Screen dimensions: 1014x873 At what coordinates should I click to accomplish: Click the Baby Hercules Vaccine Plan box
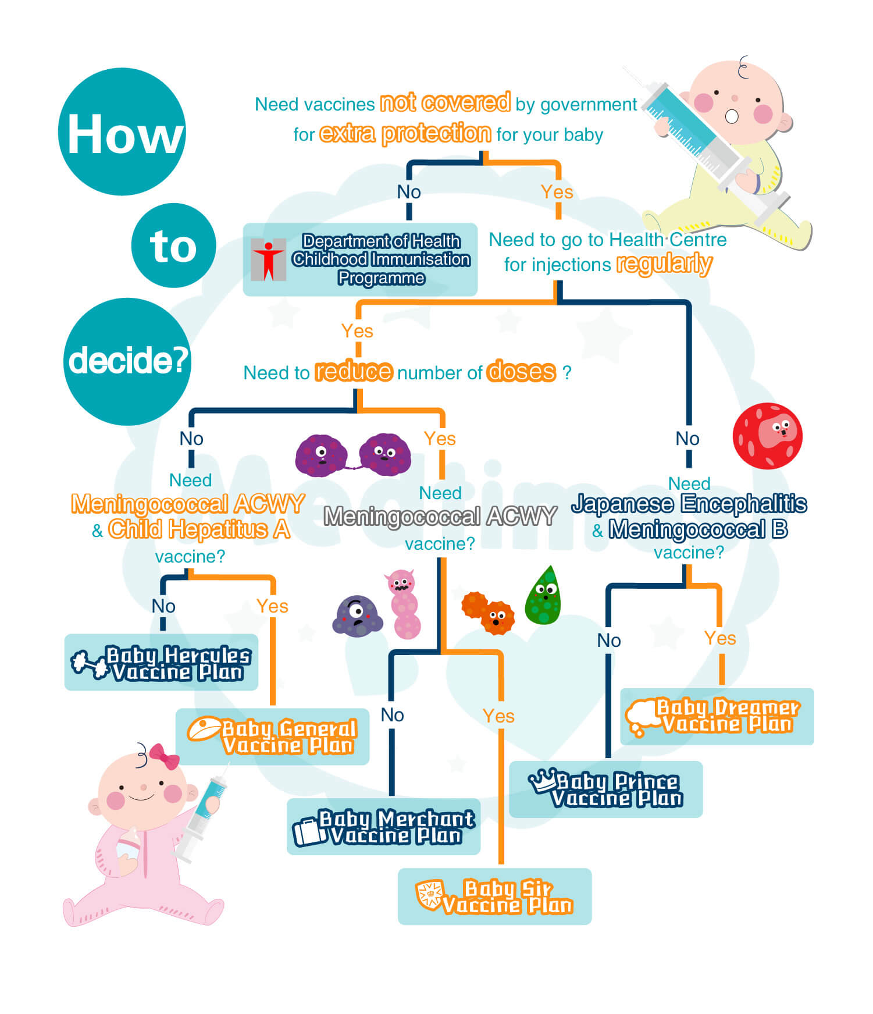click(x=161, y=663)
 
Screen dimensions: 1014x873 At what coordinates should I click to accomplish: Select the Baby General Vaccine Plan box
click(x=272, y=737)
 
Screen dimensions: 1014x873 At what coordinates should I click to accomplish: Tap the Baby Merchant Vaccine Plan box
click(x=383, y=827)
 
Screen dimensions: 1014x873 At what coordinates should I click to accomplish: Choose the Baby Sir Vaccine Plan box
click(x=494, y=896)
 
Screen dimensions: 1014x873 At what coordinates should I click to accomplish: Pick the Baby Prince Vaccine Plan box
click(x=605, y=789)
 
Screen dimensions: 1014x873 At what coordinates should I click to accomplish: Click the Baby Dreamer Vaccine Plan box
click(x=717, y=716)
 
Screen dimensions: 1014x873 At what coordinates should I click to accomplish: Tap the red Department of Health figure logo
click(x=268, y=260)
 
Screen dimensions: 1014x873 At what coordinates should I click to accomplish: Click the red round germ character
click(x=767, y=436)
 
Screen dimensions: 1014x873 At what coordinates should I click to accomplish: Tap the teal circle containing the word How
click(x=122, y=132)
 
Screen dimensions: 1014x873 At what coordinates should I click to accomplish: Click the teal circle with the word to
click(x=173, y=246)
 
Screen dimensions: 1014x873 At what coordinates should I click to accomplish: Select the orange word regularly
click(x=664, y=264)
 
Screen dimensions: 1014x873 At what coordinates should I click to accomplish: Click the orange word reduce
click(x=354, y=371)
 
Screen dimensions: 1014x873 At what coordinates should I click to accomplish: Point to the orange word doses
click(x=521, y=371)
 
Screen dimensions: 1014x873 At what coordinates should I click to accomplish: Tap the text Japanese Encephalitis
click(x=689, y=504)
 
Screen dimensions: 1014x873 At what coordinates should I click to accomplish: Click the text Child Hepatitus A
click(x=198, y=529)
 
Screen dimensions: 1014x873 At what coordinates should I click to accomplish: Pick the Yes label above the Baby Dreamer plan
click(x=720, y=638)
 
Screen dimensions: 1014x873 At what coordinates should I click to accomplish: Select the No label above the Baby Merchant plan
click(x=392, y=715)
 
